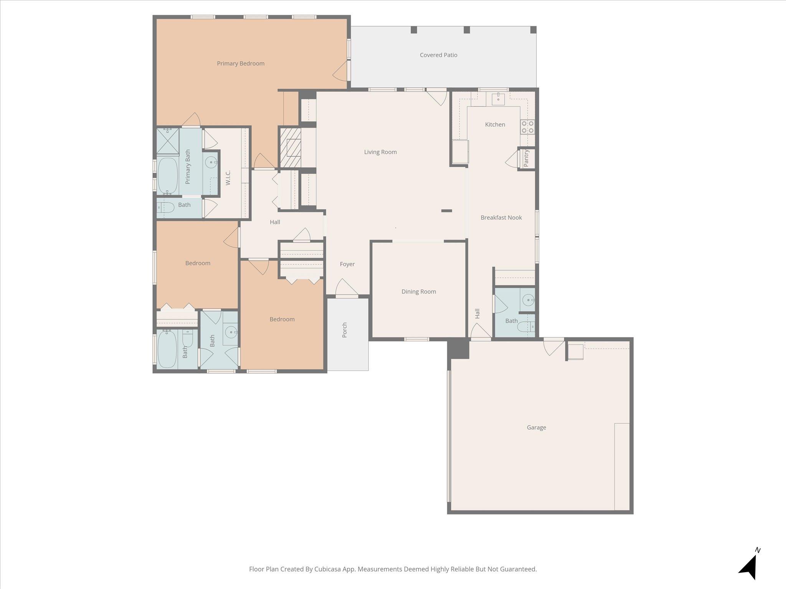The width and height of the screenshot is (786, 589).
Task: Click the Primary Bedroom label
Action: tap(241, 64)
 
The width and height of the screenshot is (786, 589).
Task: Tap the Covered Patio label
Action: tap(438, 55)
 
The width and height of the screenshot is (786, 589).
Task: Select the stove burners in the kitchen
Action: tap(527, 127)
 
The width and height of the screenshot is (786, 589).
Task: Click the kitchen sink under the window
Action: tap(498, 99)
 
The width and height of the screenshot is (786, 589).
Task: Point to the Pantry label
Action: tap(526, 158)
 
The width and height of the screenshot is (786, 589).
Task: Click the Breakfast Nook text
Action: tap(501, 218)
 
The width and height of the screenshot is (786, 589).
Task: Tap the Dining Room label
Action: tap(419, 292)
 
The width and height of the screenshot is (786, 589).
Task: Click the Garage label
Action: tap(536, 428)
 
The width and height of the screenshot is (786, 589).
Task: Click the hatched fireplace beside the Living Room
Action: tap(290, 148)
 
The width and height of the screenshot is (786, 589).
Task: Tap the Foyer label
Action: tap(347, 264)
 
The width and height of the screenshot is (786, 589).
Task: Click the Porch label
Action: tap(344, 330)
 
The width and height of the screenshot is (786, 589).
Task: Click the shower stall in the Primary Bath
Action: tap(168, 141)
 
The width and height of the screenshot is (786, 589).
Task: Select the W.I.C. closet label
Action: tap(228, 178)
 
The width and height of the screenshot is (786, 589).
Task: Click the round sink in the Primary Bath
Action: tap(211, 163)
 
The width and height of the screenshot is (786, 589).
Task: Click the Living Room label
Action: tap(380, 152)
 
